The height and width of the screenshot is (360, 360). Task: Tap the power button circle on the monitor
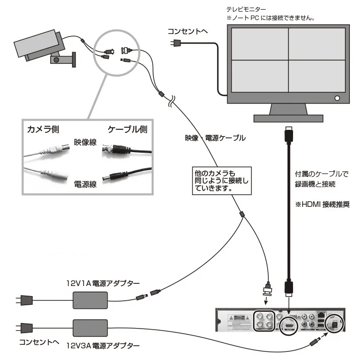337,98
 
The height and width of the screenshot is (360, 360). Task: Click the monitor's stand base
288,117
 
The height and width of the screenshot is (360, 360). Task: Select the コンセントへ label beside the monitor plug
188,31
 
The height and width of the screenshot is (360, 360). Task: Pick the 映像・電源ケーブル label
215,138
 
